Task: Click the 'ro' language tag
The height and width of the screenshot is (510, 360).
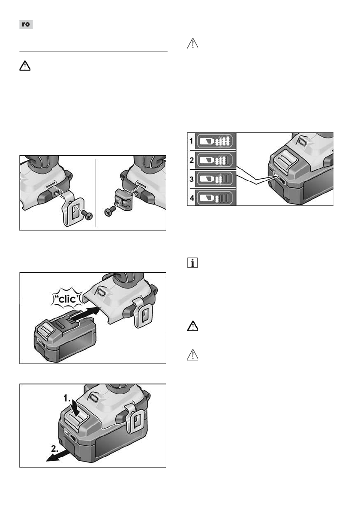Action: [x=26, y=24]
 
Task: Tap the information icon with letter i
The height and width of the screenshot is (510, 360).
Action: [x=192, y=263]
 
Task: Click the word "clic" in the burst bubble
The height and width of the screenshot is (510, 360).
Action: [x=67, y=299]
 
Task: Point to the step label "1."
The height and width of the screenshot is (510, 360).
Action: [x=67, y=398]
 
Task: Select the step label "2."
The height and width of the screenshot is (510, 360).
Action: [x=55, y=449]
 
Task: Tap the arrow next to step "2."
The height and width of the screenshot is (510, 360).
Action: [x=58, y=455]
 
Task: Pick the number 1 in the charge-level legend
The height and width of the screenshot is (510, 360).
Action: [x=191, y=141]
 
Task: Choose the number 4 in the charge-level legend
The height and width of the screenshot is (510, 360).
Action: [x=192, y=198]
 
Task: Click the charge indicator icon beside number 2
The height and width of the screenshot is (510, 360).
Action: [x=215, y=160]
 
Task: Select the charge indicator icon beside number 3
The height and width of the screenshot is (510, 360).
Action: [x=215, y=179]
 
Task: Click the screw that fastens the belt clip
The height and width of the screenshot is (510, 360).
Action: [x=87, y=215]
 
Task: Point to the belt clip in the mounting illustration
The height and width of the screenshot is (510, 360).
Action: [x=73, y=208]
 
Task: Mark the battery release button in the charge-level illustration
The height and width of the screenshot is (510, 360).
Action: [x=282, y=160]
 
